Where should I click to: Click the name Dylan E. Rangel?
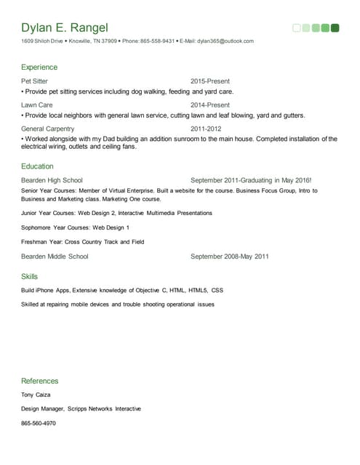[65, 28]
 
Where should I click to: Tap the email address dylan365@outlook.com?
[225, 41]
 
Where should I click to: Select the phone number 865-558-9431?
[157, 41]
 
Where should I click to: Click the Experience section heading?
[39, 68]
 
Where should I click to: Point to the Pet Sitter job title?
[35, 81]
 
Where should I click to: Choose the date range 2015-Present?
[210, 81]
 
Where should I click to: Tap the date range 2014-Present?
[210, 105]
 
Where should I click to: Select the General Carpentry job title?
[47, 129]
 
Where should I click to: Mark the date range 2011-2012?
[207, 129]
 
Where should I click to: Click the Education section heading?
[38, 166]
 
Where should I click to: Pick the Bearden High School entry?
[52, 180]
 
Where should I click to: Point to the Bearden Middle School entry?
[55, 256]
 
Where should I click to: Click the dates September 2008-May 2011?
[230, 256]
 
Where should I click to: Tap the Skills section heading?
[30, 277]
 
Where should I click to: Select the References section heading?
[40, 381]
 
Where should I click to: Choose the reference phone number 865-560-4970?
[39, 423]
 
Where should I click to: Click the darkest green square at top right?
[335, 28]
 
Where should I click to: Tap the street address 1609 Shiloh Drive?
[41, 41]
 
